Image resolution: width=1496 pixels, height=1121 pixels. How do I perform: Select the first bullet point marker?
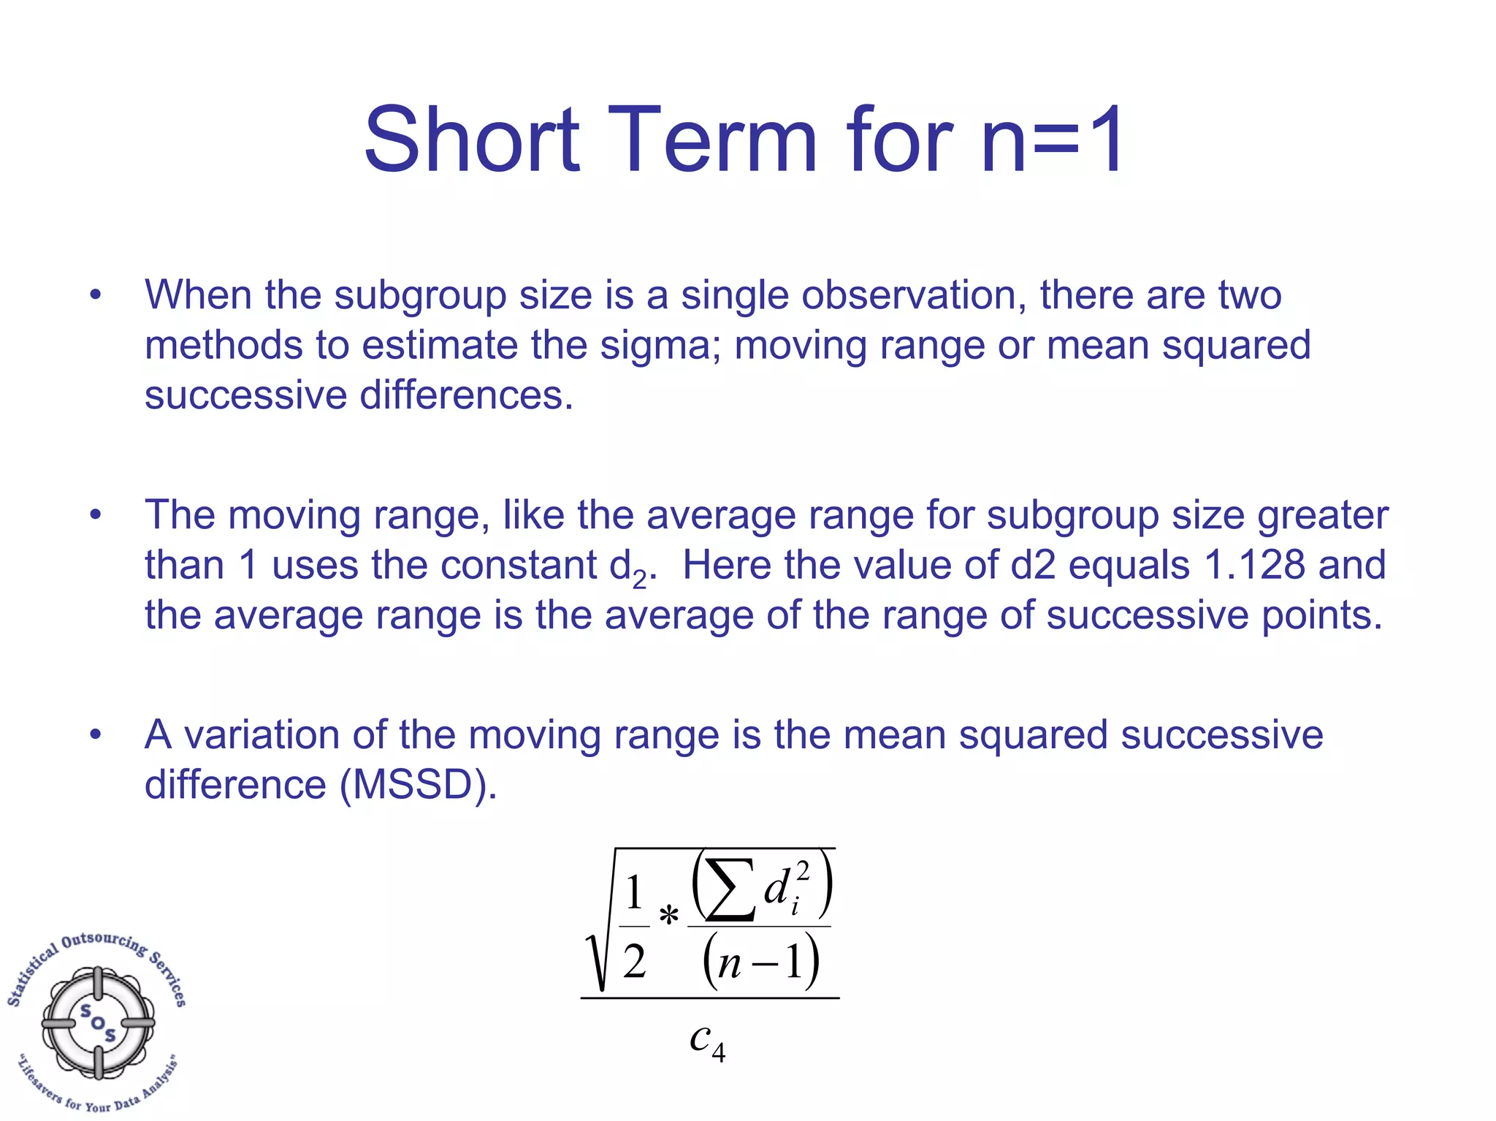[x=95, y=296]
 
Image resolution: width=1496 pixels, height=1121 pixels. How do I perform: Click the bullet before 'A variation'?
[x=95, y=735]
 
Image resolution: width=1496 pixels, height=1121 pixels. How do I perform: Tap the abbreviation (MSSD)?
[x=419, y=785]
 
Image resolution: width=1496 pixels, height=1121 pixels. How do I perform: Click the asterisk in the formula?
[x=668, y=916]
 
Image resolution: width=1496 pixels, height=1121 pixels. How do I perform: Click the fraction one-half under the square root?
[x=634, y=927]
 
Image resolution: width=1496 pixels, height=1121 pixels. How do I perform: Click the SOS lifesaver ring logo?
[x=98, y=1022]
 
